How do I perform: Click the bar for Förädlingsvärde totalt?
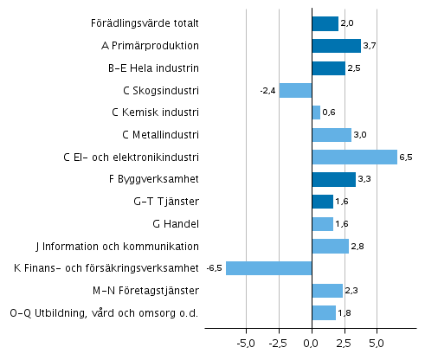325,24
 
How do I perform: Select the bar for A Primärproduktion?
336,47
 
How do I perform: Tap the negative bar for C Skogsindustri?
295,90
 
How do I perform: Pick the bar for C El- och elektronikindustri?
354,157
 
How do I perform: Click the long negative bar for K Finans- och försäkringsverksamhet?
268,268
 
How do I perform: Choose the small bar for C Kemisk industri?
316,112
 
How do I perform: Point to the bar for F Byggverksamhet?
333,179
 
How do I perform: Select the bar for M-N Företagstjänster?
327,291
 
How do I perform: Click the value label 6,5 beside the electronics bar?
407,157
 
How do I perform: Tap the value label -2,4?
267,90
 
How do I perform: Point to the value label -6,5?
215,268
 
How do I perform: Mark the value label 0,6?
329,112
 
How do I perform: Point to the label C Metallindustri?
162,135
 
